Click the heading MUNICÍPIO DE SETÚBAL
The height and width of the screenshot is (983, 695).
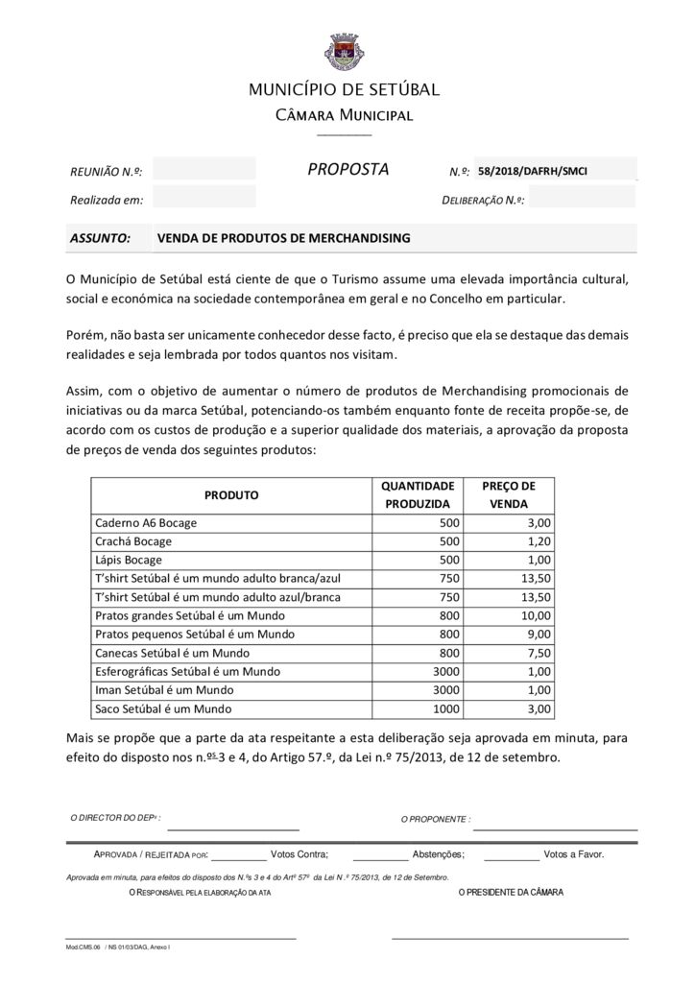pyautogui.click(x=344, y=90)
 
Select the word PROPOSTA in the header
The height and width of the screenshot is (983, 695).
pyautogui.click(x=347, y=170)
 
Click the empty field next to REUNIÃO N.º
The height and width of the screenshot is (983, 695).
pyautogui.click(x=204, y=170)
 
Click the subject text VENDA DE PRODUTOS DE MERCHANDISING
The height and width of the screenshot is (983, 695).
pyautogui.click(x=283, y=237)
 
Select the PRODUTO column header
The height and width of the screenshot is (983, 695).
pyautogui.click(x=231, y=495)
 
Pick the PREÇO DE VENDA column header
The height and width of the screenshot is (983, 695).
pyautogui.click(x=509, y=494)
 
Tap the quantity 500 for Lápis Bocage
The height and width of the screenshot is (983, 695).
pyautogui.click(x=449, y=560)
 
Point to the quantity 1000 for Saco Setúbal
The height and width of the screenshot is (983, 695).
pyautogui.click(x=446, y=708)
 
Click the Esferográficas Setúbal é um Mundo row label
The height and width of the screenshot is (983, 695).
pyautogui.click(x=187, y=671)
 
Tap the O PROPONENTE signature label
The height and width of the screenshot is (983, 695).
pyautogui.click(x=435, y=819)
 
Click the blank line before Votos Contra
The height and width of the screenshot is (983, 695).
pyautogui.click(x=238, y=854)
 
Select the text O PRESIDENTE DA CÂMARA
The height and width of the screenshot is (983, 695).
pyautogui.click(x=511, y=892)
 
